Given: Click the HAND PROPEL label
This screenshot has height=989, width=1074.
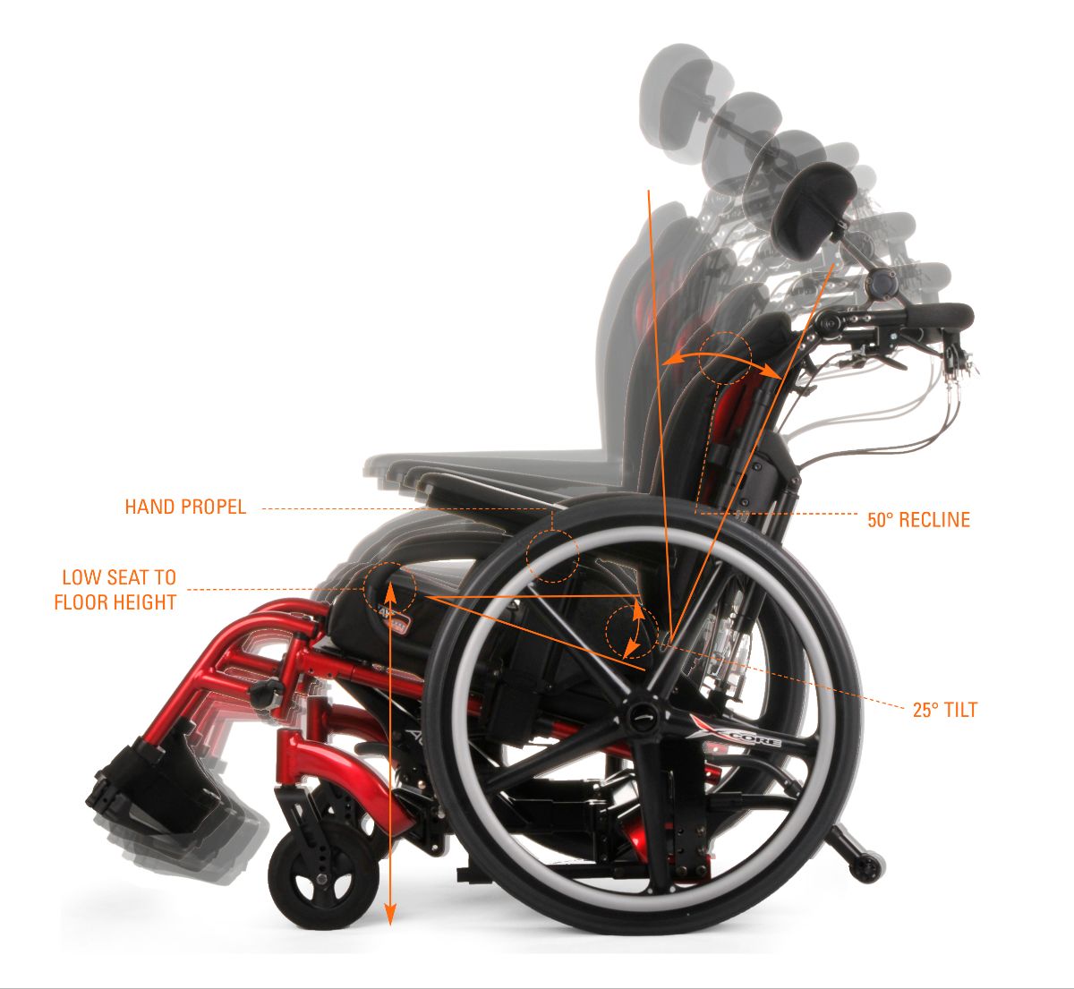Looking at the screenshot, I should [x=185, y=507].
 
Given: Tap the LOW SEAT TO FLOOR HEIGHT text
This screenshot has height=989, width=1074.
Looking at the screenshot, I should [x=115, y=590].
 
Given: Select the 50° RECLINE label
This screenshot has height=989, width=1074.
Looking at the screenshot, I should [x=918, y=520].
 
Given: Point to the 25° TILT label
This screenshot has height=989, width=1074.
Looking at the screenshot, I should [x=945, y=711].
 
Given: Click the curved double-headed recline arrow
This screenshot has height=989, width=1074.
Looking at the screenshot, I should [x=720, y=358].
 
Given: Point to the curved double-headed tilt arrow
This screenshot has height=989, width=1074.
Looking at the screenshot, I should [x=635, y=628].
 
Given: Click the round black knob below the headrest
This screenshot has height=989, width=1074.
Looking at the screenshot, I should [x=883, y=284].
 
